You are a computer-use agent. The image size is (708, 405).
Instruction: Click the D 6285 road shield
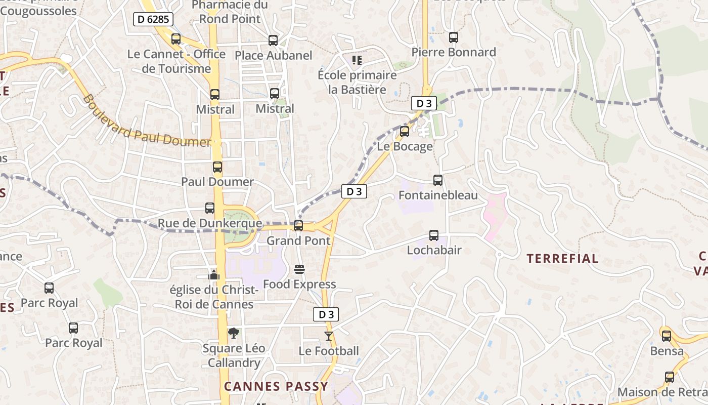(x=154, y=20)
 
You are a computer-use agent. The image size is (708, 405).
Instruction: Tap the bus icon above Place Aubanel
(x=273, y=40)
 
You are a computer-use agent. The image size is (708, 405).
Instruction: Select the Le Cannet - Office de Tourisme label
(x=176, y=61)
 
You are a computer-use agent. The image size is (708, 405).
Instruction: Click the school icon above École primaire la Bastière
(x=357, y=60)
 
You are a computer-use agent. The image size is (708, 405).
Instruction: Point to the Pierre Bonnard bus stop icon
(x=454, y=37)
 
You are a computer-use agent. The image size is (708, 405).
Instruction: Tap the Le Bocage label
(x=405, y=147)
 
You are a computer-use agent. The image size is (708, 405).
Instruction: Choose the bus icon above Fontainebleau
(x=438, y=180)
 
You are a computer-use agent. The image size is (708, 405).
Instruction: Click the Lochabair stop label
(x=434, y=250)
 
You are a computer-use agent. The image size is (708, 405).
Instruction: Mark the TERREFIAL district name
(x=562, y=259)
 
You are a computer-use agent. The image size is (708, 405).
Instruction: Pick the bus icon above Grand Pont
(x=298, y=226)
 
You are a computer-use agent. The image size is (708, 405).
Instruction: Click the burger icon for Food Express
(x=299, y=269)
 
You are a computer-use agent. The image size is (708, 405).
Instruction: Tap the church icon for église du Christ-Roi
(x=214, y=275)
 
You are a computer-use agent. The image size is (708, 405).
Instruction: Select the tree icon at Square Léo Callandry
(x=233, y=333)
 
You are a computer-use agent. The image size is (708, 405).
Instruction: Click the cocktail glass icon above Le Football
(x=329, y=336)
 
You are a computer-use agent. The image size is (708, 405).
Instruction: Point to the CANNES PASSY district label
(x=276, y=386)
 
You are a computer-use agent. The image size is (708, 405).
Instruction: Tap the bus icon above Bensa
(x=667, y=336)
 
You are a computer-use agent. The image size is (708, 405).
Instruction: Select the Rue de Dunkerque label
(x=210, y=223)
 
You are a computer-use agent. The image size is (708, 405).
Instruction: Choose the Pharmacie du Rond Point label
(x=230, y=12)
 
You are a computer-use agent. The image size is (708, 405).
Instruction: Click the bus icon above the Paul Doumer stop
(x=217, y=167)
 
